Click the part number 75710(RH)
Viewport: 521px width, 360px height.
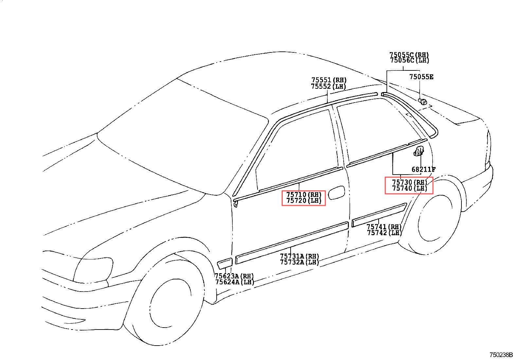[304, 195]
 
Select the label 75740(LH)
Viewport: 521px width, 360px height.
[410, 188]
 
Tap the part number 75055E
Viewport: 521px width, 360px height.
[421, 77]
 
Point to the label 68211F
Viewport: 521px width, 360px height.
[423, 169]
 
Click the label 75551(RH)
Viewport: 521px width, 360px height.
[329, 80]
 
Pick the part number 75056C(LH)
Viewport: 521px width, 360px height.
[409, 61]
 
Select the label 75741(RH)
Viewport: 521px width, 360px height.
[384, 227]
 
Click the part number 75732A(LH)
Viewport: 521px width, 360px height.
[299, 262]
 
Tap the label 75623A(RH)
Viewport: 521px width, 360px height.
[234, 276]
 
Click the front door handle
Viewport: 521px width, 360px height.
[336, 193]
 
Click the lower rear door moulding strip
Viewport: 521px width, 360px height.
[379, 215]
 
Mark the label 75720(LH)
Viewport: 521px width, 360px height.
[304, 201]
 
